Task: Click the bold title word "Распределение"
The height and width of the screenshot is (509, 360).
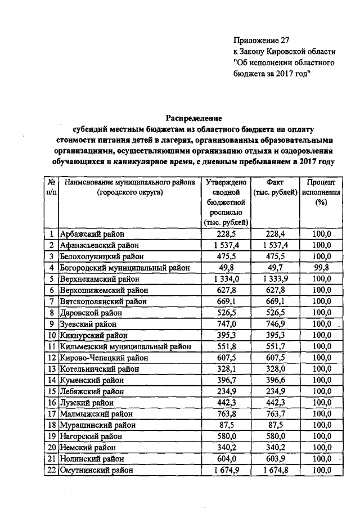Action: (193, 118)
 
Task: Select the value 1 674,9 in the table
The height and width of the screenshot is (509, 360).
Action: (225, 470)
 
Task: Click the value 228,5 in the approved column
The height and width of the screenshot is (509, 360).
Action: (225, 235)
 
